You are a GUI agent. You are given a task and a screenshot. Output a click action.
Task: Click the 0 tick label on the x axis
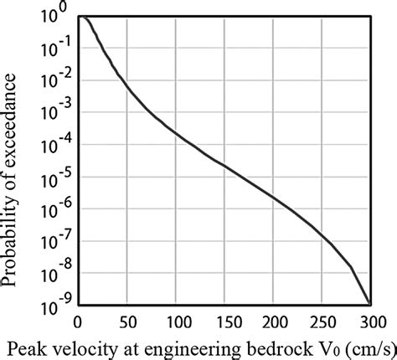pos(77,321)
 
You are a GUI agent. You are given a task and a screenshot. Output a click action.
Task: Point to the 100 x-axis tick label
pos(176,321)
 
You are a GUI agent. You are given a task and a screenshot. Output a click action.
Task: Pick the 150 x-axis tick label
pos(225,321)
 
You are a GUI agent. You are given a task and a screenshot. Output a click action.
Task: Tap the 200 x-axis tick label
pos(275,321)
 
